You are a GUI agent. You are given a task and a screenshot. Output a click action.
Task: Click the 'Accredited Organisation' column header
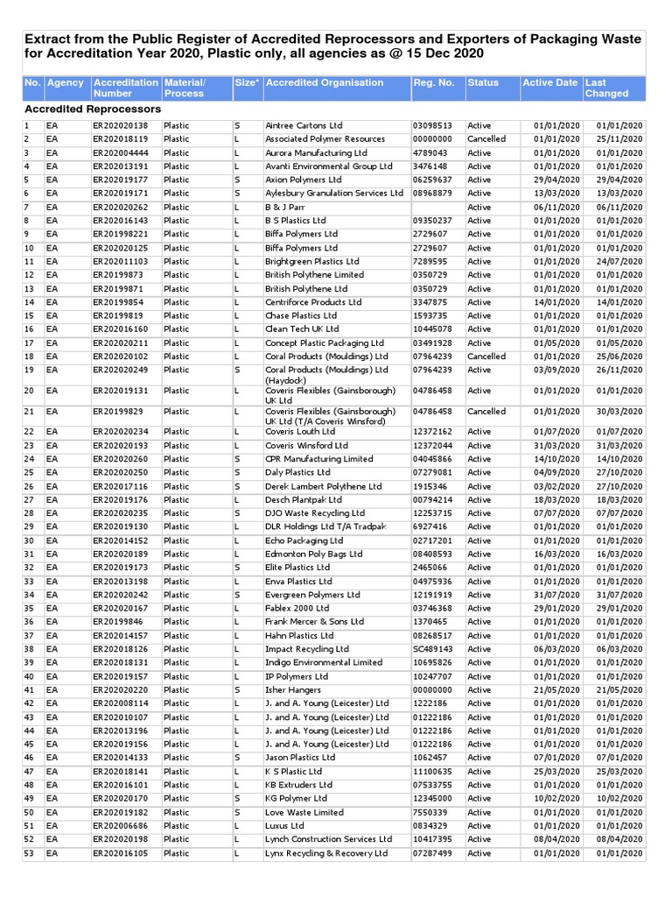324,83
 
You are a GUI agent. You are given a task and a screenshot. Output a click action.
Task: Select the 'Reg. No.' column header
433,83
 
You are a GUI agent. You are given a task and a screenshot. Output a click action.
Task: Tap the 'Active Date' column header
549,83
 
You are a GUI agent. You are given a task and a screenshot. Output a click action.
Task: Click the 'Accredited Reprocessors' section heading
93,109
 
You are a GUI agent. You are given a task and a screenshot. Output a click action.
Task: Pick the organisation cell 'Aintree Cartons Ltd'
304,125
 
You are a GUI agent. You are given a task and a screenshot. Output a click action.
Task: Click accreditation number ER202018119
120,139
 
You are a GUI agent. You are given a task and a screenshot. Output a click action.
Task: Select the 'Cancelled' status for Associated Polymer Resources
486,139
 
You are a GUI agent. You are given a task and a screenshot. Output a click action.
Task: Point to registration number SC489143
432,649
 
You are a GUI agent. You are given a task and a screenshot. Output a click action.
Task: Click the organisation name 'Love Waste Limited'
304,812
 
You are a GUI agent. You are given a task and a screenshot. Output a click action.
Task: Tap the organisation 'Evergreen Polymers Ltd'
312,595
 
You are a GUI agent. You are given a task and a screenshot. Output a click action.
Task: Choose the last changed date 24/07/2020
619,261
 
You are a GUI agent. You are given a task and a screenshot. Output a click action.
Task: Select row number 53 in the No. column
29,853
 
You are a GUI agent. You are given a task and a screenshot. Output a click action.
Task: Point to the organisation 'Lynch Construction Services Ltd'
328,839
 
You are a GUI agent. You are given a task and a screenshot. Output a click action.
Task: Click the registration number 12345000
432,798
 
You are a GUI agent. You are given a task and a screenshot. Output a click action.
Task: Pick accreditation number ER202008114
120,703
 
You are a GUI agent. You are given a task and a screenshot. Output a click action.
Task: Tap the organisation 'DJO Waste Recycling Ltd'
315,513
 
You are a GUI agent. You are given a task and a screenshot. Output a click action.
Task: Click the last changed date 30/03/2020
619,412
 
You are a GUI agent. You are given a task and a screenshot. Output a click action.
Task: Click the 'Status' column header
483,83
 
